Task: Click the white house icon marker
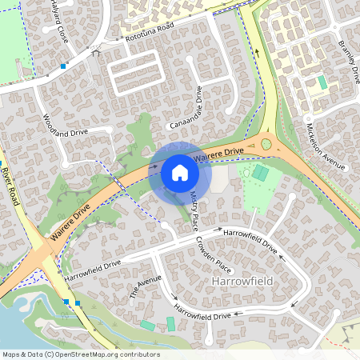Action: (x=179, y=172)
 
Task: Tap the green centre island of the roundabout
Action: (x=266, y=144)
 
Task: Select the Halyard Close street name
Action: (x=58, y=22)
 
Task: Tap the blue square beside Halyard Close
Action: (x=62, y=66)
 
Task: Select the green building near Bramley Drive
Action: (x=322, y=82)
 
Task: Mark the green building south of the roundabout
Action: (x=261, y=173)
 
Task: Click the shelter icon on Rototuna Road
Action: (x=96, y=54)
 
